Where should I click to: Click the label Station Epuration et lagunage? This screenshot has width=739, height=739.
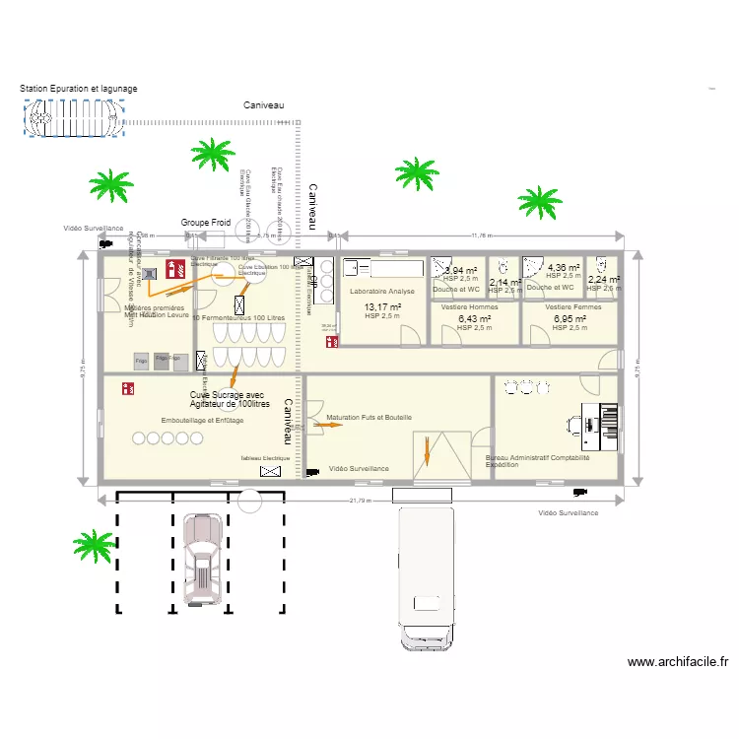(79, 89)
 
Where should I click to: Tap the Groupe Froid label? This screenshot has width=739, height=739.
(205, 224)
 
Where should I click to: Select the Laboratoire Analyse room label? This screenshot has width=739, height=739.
(381, 292)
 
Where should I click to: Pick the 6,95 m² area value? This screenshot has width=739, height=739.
(570, 319)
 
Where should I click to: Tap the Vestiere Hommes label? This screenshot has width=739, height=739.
(469, 307)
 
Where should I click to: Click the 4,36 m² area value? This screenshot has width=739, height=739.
(563, 268)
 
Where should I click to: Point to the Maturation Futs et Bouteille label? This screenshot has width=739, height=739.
(369, 418)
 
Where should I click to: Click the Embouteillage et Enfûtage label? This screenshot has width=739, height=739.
(202, 421)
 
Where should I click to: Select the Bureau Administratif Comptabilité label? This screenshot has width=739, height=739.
(538, 458)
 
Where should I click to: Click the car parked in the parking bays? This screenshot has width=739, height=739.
(203, 558)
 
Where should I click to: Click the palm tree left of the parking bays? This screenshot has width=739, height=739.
(95, 546)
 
